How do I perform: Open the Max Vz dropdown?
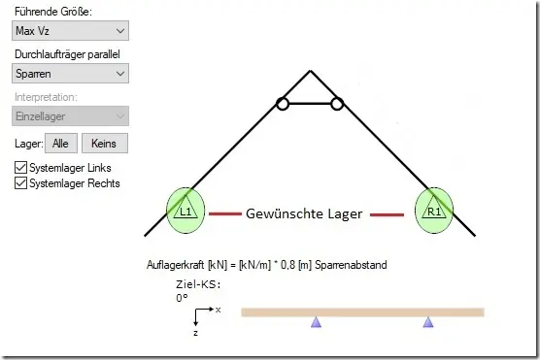click(x=70, y=31)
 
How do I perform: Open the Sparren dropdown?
click(x=70, y=74)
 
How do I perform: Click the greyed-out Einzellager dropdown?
click(x=70, y=116)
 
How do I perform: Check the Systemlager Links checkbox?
click(x=20, y=168)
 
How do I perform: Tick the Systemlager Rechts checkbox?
click(x=20, y=183)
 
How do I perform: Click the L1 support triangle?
click(x=186, y=208)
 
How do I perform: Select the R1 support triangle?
click(x=434, y=208)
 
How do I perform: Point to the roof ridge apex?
click(x=310, y=71)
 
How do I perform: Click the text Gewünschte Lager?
click(x=304, y=213)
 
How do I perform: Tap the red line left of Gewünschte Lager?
click(x=225, y=214)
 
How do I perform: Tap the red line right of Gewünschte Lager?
click(x=387, y=214)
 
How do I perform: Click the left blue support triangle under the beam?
click(x=317, y=322)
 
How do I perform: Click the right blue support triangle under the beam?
click(x=428, y=322)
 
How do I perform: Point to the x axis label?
click(x=218, y=311)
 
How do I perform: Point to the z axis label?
click(x=195, y=333)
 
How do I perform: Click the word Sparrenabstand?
click(x=351, y=265)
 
